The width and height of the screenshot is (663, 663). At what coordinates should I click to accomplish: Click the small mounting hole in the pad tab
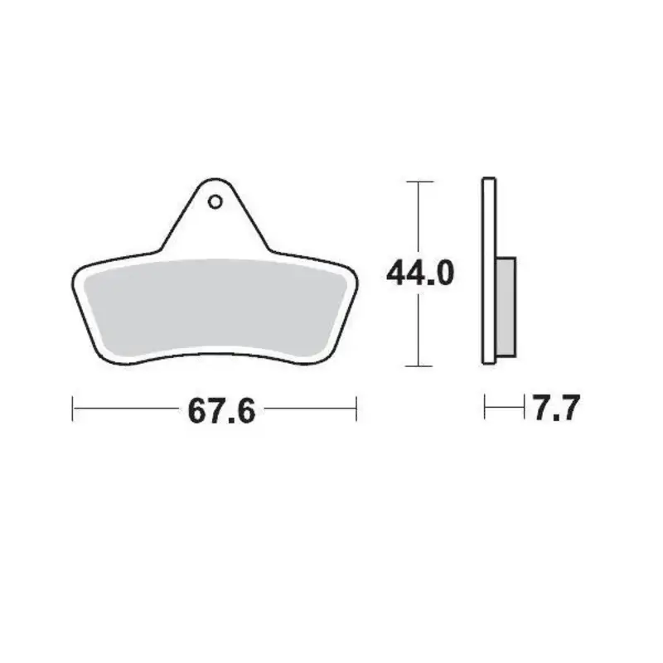(x=214, y=201)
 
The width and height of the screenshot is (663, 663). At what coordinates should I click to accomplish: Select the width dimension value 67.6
(x=220, y=409)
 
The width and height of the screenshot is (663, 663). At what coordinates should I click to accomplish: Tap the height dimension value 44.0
(x=420, y=273)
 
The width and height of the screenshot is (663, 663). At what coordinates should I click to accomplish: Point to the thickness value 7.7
(x=554, y=409)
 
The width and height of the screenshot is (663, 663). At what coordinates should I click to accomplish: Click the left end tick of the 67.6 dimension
(x=73, y=409)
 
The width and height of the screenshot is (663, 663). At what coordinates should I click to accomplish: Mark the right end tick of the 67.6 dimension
(x=356, y=409)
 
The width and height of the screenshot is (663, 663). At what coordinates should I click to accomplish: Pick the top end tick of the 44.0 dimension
(x=421, y=181)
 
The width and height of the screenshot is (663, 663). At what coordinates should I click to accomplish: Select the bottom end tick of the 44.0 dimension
(x=421, y=365)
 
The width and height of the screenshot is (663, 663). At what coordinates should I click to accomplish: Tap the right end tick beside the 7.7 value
(x=525, y=408)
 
